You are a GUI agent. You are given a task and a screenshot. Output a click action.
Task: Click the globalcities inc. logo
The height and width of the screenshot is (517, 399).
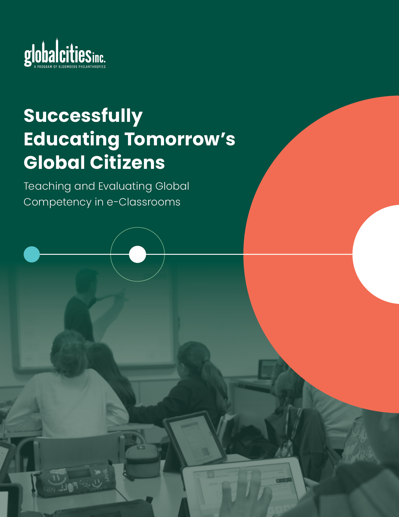point(65,53)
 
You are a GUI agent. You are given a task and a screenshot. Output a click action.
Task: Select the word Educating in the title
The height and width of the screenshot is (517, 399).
point(72,140)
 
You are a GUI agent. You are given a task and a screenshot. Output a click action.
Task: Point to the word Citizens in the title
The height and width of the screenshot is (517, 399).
point(127,162)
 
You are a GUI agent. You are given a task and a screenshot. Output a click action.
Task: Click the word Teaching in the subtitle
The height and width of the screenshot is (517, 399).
point(47,187)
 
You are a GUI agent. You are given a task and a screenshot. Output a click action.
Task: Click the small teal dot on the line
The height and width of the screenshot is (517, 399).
point(32,254)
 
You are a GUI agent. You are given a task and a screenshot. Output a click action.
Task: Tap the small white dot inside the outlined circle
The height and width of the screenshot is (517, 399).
point(138,254)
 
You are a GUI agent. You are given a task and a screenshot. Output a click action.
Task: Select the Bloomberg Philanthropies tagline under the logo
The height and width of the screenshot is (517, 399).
point(70,67)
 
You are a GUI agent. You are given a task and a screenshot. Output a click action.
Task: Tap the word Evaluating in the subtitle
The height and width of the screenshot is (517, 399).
point(125,187)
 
